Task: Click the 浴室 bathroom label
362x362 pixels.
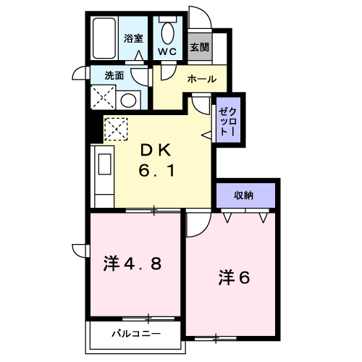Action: [x=133, y=38]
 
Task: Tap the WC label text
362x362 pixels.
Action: [x=167, y=51]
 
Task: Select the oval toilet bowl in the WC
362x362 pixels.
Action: [x=168, y=33]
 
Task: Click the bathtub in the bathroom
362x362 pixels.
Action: [x=104, y=38]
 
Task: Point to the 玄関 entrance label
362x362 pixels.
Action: [x=199, y=47]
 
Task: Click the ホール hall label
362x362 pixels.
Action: [x=202, y=79]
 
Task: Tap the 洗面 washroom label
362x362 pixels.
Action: [x=114, y=75]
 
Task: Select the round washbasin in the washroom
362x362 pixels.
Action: [x=128, y=101]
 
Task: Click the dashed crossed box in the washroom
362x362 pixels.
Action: [x=103, y=97]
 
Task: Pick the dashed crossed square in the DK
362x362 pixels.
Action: [x=116, y=129]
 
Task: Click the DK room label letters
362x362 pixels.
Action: [x=156, y=151]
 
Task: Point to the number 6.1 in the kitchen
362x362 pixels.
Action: [x=156, y=171]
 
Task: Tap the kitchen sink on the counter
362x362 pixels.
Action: [x=105, y=164]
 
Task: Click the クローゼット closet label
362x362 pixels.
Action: [x=227, y=122]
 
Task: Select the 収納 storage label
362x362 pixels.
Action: [x=243, y=195]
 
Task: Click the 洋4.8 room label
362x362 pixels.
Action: [x=132, y=264]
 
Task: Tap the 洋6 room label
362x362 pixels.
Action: [x=234, y=277]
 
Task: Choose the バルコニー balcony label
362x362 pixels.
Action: [x=136, y=334]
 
